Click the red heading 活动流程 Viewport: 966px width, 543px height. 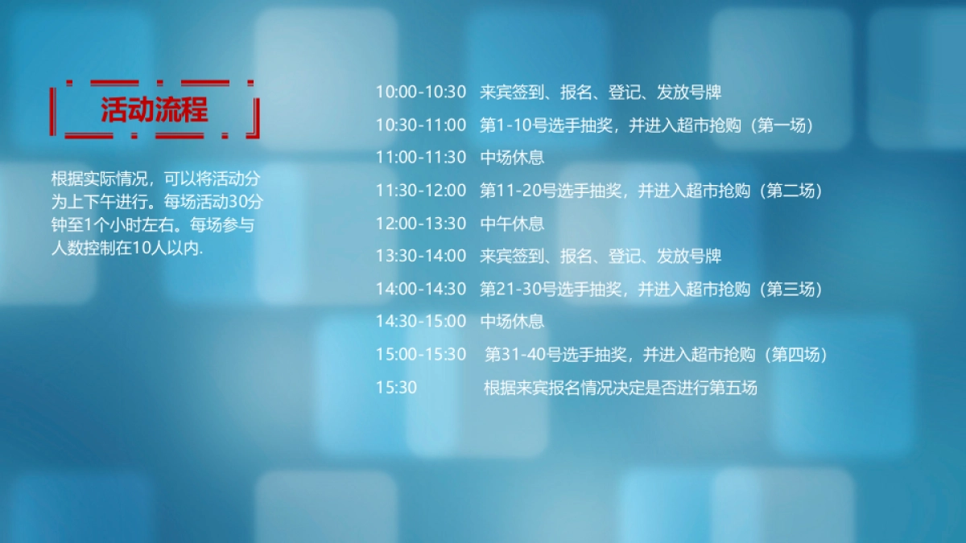(x=154, y=109)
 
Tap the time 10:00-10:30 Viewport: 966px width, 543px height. (x=420, y=92)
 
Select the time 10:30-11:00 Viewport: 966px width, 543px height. (x=420, y=125)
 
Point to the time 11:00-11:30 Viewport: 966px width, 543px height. (x=420, y=158)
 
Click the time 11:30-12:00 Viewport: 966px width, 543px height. (x=420, y=191)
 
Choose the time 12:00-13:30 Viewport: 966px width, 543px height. (x=420, y=223)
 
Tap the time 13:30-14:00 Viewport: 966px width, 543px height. (x=420, y=256)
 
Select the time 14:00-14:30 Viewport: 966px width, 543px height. (x=420, y=289)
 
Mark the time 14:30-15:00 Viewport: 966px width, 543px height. (x=420, y=322)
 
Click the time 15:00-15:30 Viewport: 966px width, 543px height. (x=420, y=354)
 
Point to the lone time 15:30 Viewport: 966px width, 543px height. (x=396, y=388)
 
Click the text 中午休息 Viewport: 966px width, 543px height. (x=512, y=223)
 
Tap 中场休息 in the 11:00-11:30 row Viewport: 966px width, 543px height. (x=512, y=158)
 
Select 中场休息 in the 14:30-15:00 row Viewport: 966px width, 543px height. (x=512, y=322)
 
